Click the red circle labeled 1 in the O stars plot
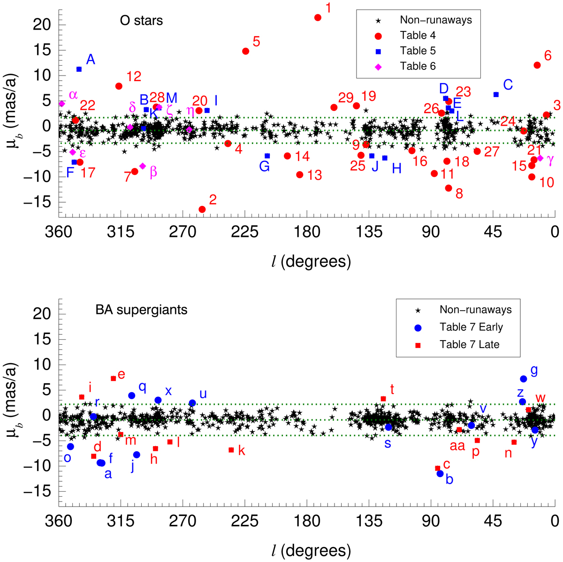point(318,17)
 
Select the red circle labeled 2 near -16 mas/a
point(202,209)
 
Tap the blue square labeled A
point(79,69)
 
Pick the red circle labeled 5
point(245,51)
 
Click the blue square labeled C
point(496,94)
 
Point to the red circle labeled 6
point(537,65)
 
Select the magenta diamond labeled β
point(143,166)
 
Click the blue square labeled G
point(267,156)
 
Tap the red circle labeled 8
point(449,188)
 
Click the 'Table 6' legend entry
point(418,66)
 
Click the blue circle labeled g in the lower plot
point(524,379)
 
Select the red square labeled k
point(231,450)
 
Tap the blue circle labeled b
point(440,474)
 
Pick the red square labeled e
point(113,379)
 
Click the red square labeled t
point(383,399)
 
